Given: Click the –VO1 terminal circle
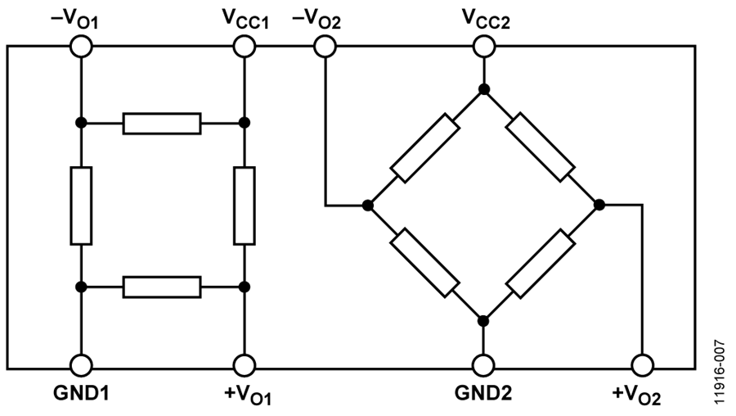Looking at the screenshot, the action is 81,47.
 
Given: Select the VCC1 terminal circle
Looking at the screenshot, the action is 244,47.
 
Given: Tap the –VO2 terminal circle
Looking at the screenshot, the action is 325,47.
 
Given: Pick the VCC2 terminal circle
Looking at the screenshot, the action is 484,47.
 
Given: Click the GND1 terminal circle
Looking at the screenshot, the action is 81,365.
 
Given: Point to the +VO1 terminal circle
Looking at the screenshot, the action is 244,365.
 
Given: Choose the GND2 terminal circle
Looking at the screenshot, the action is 483,365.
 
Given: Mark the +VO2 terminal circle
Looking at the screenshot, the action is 643,365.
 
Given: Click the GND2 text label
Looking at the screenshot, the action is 483,393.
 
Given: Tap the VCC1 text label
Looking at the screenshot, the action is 245,20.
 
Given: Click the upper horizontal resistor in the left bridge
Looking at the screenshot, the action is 162,124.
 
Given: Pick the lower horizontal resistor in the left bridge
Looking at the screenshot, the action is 162,287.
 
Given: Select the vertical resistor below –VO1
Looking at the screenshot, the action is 81,206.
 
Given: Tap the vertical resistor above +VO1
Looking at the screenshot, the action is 244,206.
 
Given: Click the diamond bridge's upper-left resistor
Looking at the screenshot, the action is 424,147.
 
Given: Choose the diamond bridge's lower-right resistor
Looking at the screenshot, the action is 541,263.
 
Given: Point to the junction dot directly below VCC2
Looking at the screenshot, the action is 484,89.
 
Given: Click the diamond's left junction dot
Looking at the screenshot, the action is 368,206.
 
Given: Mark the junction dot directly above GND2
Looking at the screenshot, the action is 483,322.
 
